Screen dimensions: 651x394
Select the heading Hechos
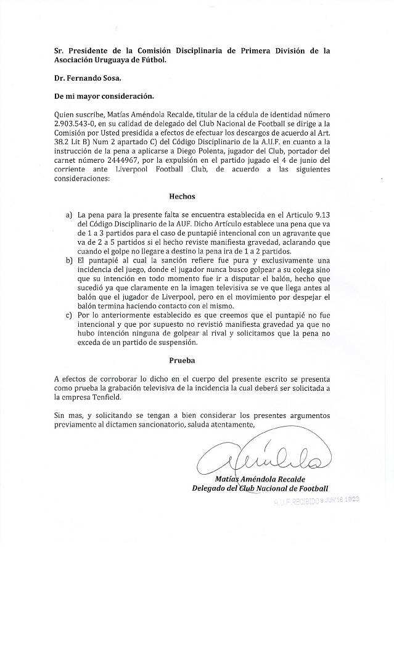pos(182,197)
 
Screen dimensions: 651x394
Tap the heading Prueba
pos(182,360)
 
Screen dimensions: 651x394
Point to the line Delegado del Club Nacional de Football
pos(260,489)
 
